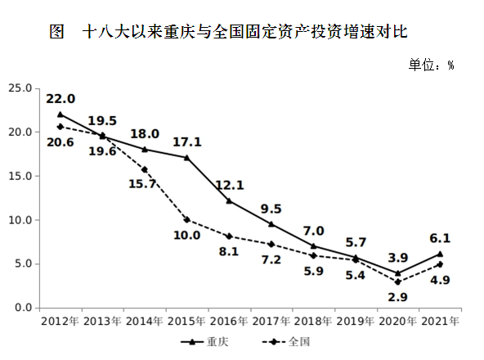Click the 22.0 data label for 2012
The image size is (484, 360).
pyautogui.click(x=60, y=98)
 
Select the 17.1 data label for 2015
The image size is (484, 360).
pyautogui.click(x=187, y=142)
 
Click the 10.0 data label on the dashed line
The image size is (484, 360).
pyautogui.click(x=187, y=236)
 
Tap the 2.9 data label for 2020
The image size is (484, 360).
pyautogui.click(x=397, y=297)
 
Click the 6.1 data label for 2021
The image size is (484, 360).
pyautogui.click(x=441, y=238)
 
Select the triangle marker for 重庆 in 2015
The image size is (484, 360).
pyautogui.click(x=187, y=157)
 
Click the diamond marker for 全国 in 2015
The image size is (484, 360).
pyautogui.click(x=187, y=219)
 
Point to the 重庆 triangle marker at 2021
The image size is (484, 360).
pyautogui.click(x=441, y=254)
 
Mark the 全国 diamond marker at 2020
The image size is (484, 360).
pyautogui.click(x=398, y=281)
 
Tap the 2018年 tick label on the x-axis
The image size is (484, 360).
pyautogui.click(x=315, y=320)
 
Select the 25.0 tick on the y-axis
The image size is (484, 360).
pyautogui.click(x=20, y=88)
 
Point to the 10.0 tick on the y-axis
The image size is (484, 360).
pyautogui.click(x=20, y=220)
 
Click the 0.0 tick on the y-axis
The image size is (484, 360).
pyautogui.click(x=22, y=308)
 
